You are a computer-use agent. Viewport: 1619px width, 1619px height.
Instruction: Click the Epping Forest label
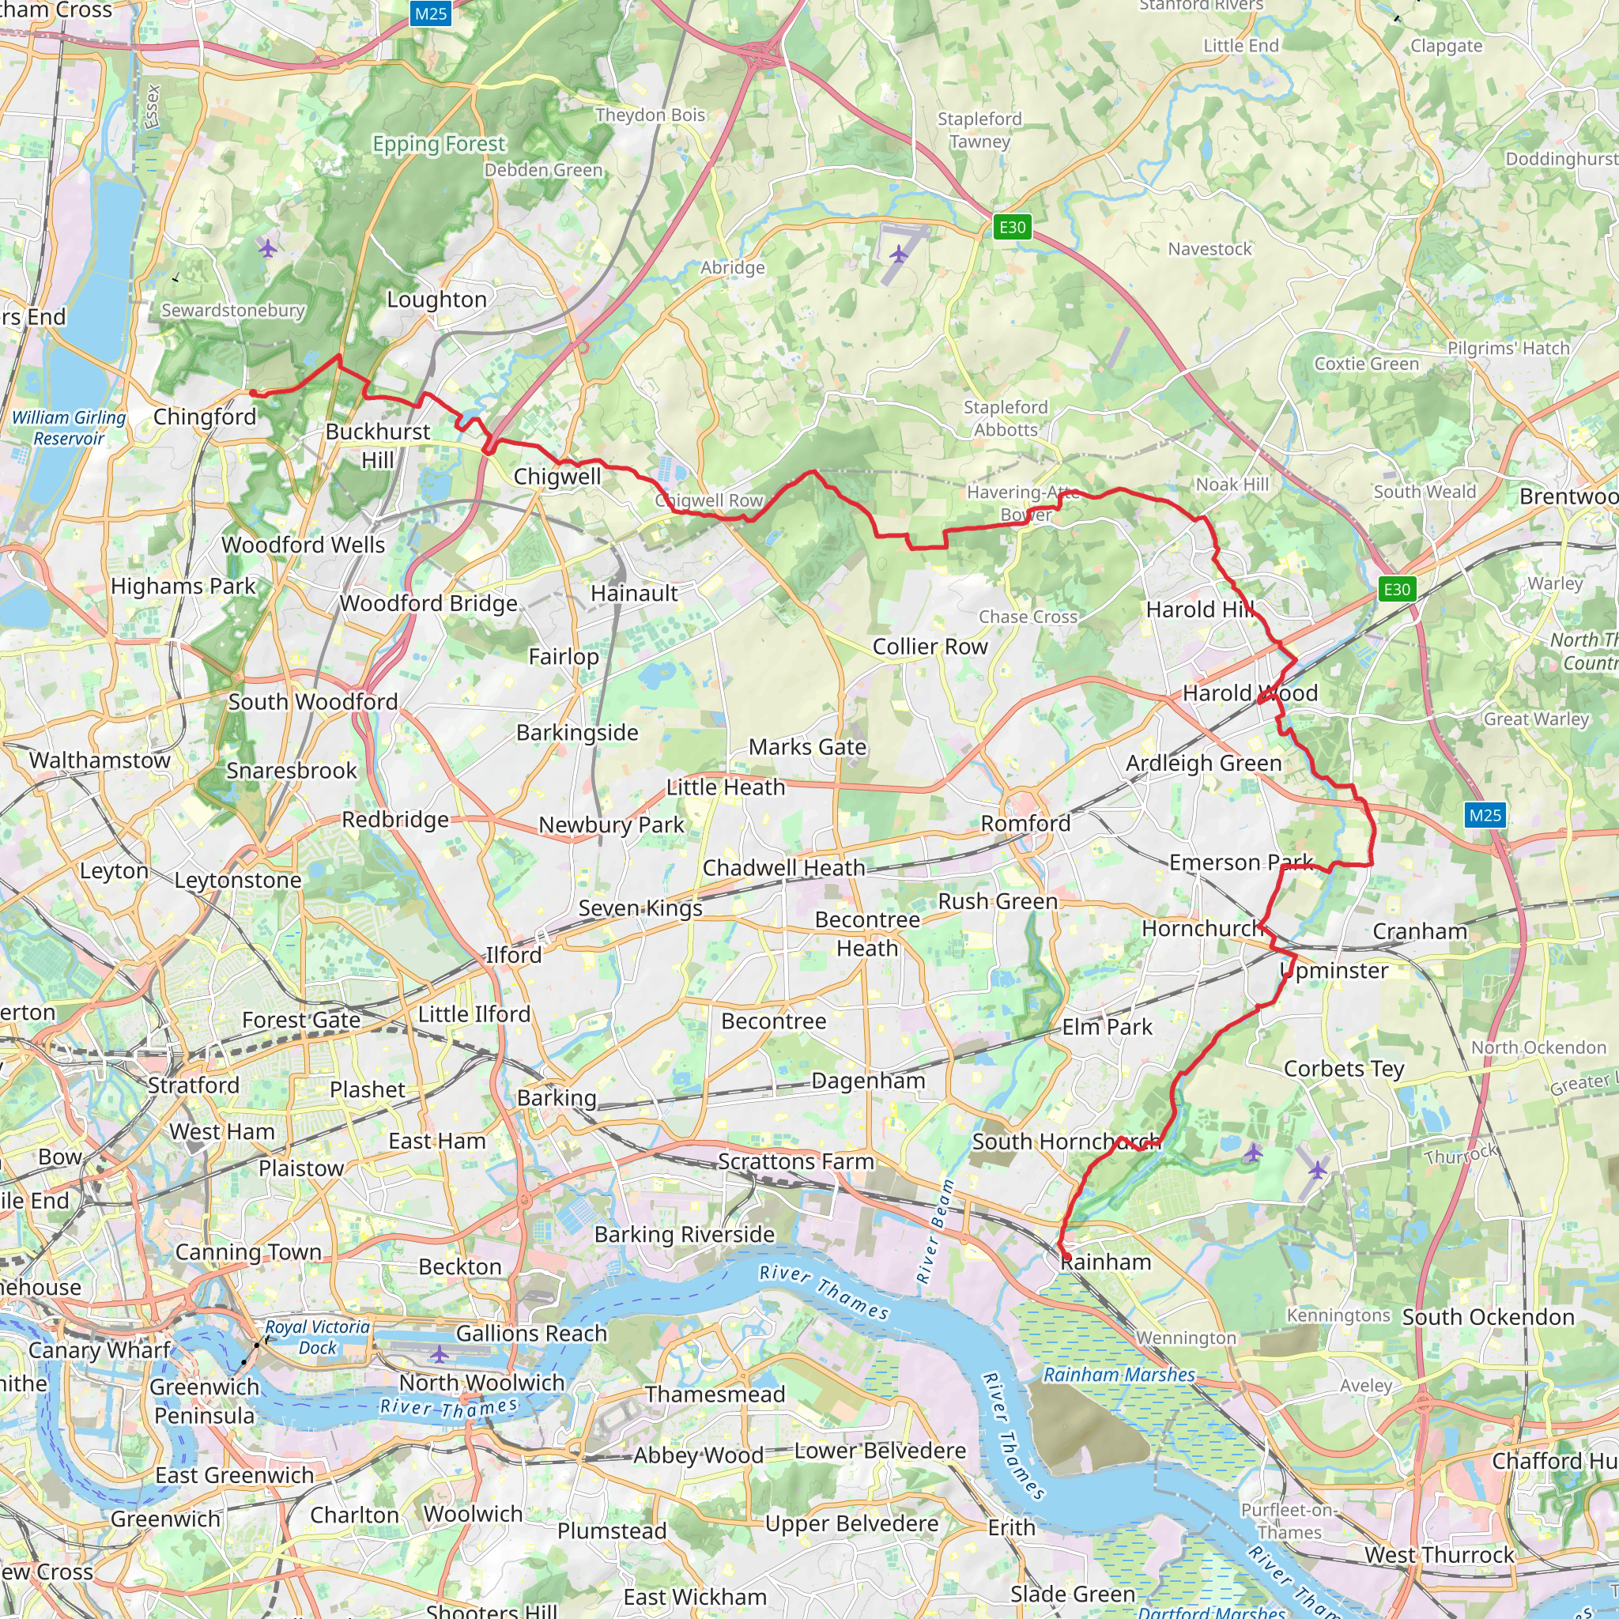pyautogui.click(x=439, y=144)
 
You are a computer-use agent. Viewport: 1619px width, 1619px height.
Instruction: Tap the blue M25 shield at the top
pyautogui.click(x=431, y=13)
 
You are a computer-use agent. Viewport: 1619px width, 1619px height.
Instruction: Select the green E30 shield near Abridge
pyautogui.click(x=1013, y=227)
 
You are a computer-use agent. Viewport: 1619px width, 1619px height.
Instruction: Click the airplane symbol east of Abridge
pyautogui.click(x=898, y=253)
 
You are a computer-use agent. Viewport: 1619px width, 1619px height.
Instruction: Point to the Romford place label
pyautogui.click(x=1025, y=824)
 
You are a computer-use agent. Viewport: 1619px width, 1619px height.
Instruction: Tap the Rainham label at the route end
pyautogui.click(x=1106, y=1262)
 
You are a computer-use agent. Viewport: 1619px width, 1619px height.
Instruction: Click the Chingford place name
pyautogui.click(x=205, y=417)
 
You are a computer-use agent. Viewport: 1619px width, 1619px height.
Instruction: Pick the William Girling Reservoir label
pyautogui.click(x=69, y=428)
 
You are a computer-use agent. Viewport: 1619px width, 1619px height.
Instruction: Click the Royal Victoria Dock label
pyautogui.click(x=317, y=1338)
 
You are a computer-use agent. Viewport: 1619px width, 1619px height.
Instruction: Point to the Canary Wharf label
pyautogui.click(x=100, y=1350)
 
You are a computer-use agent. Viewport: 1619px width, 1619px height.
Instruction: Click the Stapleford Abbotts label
pyautogui.click(x=1006, y=418)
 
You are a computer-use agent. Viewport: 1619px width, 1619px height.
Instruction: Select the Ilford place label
pyautogui.click(x=514, y=955)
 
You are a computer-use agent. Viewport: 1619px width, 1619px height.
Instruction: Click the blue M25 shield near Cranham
pyautogui.click(x=1485, y=815)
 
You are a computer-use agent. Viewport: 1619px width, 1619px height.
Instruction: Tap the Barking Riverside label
pyautogui.click(x=685, y=1234)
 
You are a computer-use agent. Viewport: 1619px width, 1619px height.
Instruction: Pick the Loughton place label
pyautogui.click(x=436, y=299)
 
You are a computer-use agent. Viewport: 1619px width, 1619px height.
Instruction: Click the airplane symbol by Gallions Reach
pyautogui.click(x=439, y=1354)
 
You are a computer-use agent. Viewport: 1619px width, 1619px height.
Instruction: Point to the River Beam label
pyautogui.click(x=935, y=1232)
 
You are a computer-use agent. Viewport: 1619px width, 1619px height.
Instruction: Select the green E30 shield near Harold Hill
pyautogui.click(x=1396, y=589)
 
